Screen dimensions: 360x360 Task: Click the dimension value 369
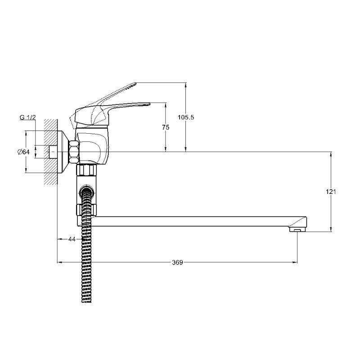click(x=177, y=262)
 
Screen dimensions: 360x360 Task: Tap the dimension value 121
click(x=331, y=192)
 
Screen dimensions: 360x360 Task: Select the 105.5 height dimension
click(x=186, y=117)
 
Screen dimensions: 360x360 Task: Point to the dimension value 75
click(x=166, y=127)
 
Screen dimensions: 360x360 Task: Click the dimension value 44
click(x=72, y=239)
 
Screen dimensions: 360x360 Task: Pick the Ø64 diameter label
click(x=23, y=152)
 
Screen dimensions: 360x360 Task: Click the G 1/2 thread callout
click(x=27, y=117)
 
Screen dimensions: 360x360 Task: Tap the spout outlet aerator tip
click(x=297, y=229)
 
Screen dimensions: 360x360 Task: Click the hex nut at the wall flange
click(x=74, y=152)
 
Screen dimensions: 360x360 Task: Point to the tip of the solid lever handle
click(x=149, y=104)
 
